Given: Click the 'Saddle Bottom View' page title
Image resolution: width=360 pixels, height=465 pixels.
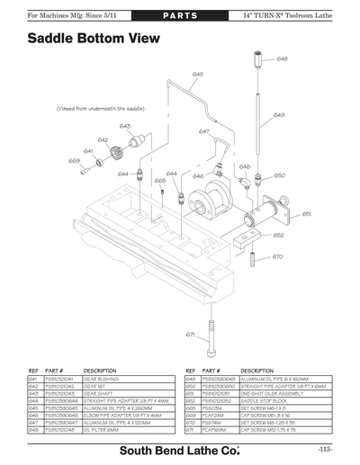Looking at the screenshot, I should [x=94, y=39].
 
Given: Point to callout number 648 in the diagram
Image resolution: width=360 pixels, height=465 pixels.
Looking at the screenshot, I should [x=282, y=58].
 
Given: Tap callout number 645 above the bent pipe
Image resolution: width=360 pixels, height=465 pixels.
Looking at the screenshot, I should [x=197, y=74].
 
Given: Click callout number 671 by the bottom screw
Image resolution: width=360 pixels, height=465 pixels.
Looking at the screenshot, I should [x=191, y=335].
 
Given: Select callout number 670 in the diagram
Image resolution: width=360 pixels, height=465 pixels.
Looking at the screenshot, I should [x=277, y=256].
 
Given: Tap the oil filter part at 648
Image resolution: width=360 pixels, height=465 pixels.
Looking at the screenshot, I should [x=259, y=63].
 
